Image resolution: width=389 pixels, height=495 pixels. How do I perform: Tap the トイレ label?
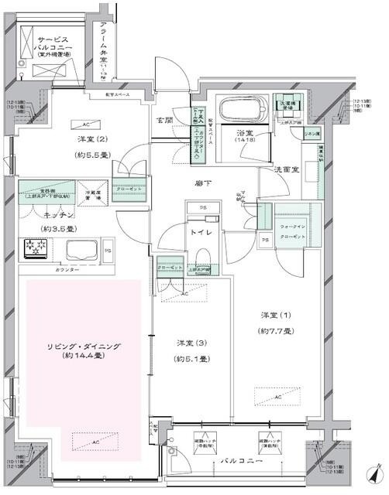pos(202,230)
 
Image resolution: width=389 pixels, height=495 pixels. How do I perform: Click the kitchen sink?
pos(79,249)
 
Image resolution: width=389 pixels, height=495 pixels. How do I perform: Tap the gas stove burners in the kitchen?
pos(36,247)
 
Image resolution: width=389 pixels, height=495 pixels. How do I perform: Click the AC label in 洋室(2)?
pos(85,124)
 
